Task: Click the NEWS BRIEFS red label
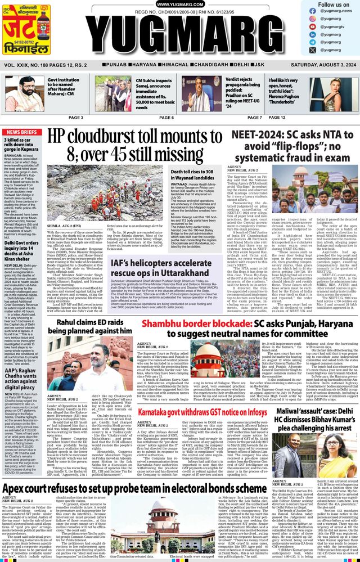click(x=21, y=132)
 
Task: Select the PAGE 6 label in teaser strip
click(x=166, y=118)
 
